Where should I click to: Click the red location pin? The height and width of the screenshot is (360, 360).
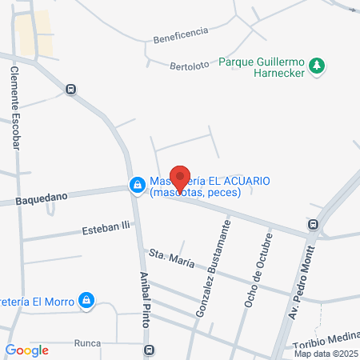pos(182,175)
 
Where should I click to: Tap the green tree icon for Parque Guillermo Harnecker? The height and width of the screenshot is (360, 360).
pos(318,65)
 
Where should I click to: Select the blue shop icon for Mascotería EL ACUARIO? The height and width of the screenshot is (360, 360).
pos(138,186)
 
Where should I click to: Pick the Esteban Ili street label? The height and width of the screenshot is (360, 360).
pos(105,230)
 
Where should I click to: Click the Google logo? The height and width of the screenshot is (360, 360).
pos(27,349)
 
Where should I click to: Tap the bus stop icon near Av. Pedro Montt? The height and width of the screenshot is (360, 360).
pos(314,226)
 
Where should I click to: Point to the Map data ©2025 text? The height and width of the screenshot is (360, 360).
pos(326,353)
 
